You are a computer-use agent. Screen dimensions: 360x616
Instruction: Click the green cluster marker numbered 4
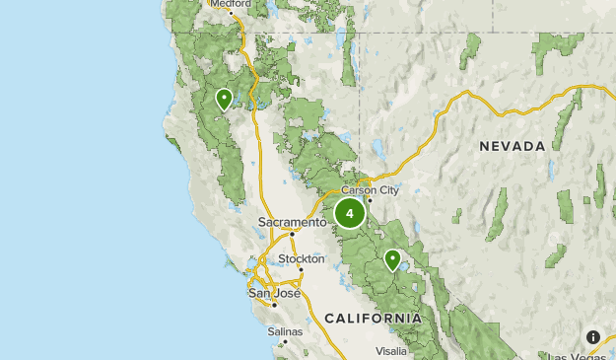349,213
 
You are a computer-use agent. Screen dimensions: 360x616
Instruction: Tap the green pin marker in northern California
224,99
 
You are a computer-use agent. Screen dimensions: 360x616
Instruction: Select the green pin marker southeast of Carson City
392,260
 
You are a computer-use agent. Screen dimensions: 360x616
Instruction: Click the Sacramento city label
292,223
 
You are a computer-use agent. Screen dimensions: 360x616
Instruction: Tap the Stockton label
301,258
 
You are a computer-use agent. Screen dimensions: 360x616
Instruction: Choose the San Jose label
272,293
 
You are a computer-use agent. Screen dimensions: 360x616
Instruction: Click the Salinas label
285,331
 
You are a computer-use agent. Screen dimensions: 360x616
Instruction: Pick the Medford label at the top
230,4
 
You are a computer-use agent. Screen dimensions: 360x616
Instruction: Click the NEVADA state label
513,146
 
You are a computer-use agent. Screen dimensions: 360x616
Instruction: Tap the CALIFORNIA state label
374,319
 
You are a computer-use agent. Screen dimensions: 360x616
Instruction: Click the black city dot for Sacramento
292,234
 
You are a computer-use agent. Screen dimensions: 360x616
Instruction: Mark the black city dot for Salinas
286,342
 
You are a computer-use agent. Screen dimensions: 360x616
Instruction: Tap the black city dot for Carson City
369,200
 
